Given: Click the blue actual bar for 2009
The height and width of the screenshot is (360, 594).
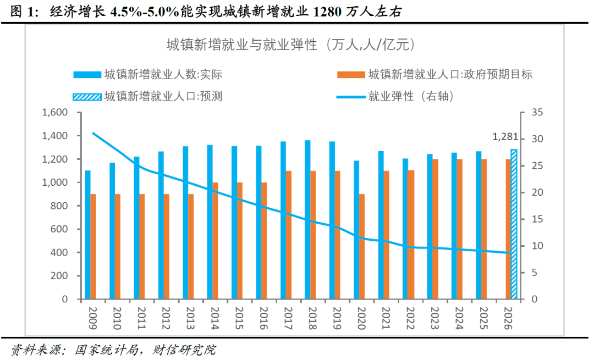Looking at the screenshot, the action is (87, 235).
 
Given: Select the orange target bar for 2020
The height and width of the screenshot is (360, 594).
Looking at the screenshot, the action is (362, 247).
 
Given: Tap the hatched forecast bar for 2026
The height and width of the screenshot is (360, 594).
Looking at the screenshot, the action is (514, 224).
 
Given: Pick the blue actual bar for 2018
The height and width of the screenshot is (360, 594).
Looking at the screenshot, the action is (307, 220).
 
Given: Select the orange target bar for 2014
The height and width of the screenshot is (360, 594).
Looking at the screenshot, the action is (216, 241).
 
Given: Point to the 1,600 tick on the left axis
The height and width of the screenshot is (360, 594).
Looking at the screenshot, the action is (54, 112).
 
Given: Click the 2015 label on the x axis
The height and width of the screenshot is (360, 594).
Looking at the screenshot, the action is (237, 318).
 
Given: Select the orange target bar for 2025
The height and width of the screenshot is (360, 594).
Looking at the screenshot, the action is (484, 229).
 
